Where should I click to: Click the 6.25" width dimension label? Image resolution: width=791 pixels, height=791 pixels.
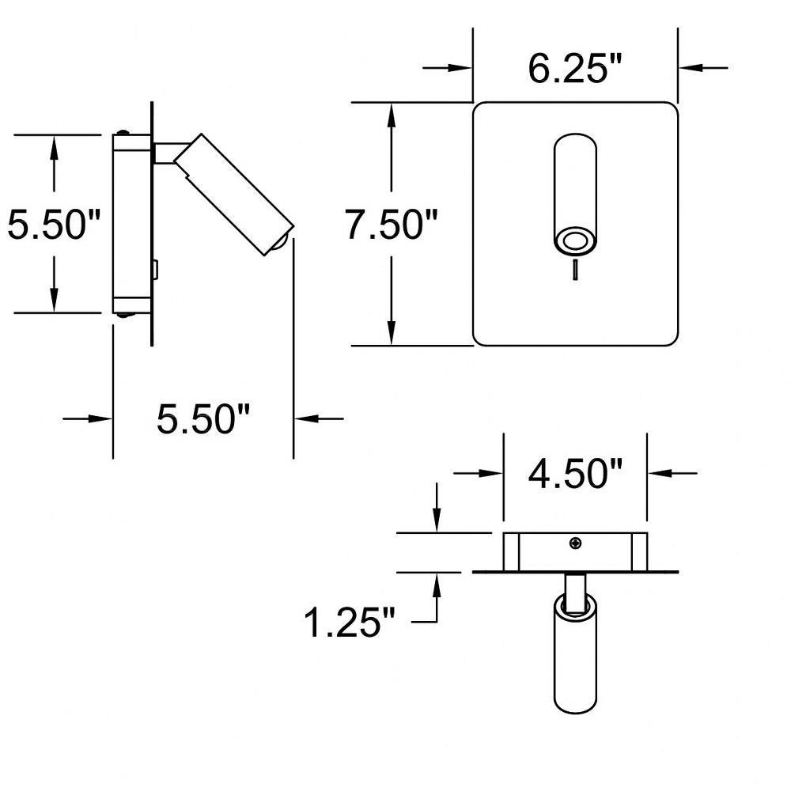coord(576,68)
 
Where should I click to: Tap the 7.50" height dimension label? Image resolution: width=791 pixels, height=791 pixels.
coord(391,224)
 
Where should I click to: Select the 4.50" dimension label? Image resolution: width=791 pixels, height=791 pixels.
coord(576,473)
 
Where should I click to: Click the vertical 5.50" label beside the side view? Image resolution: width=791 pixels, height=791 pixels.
coord(54,224)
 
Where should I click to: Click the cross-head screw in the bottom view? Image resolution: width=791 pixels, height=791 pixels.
coord(575,543)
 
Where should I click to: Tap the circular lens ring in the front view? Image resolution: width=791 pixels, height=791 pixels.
coord(575,241)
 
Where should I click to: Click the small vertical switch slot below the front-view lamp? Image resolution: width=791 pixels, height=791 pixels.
coord(575,270)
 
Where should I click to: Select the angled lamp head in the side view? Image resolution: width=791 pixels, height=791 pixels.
coord(234,195)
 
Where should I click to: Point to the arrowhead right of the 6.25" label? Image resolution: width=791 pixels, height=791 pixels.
coord(691,67)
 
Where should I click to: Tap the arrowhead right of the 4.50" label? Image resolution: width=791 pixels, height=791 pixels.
coord(660,473)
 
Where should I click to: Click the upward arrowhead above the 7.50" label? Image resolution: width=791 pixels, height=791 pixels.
coord(391,115)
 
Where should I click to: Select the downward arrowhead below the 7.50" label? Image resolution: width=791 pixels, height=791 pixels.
coord(391,332)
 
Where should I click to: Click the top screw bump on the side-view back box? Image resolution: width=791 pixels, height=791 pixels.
coord(122,133)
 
